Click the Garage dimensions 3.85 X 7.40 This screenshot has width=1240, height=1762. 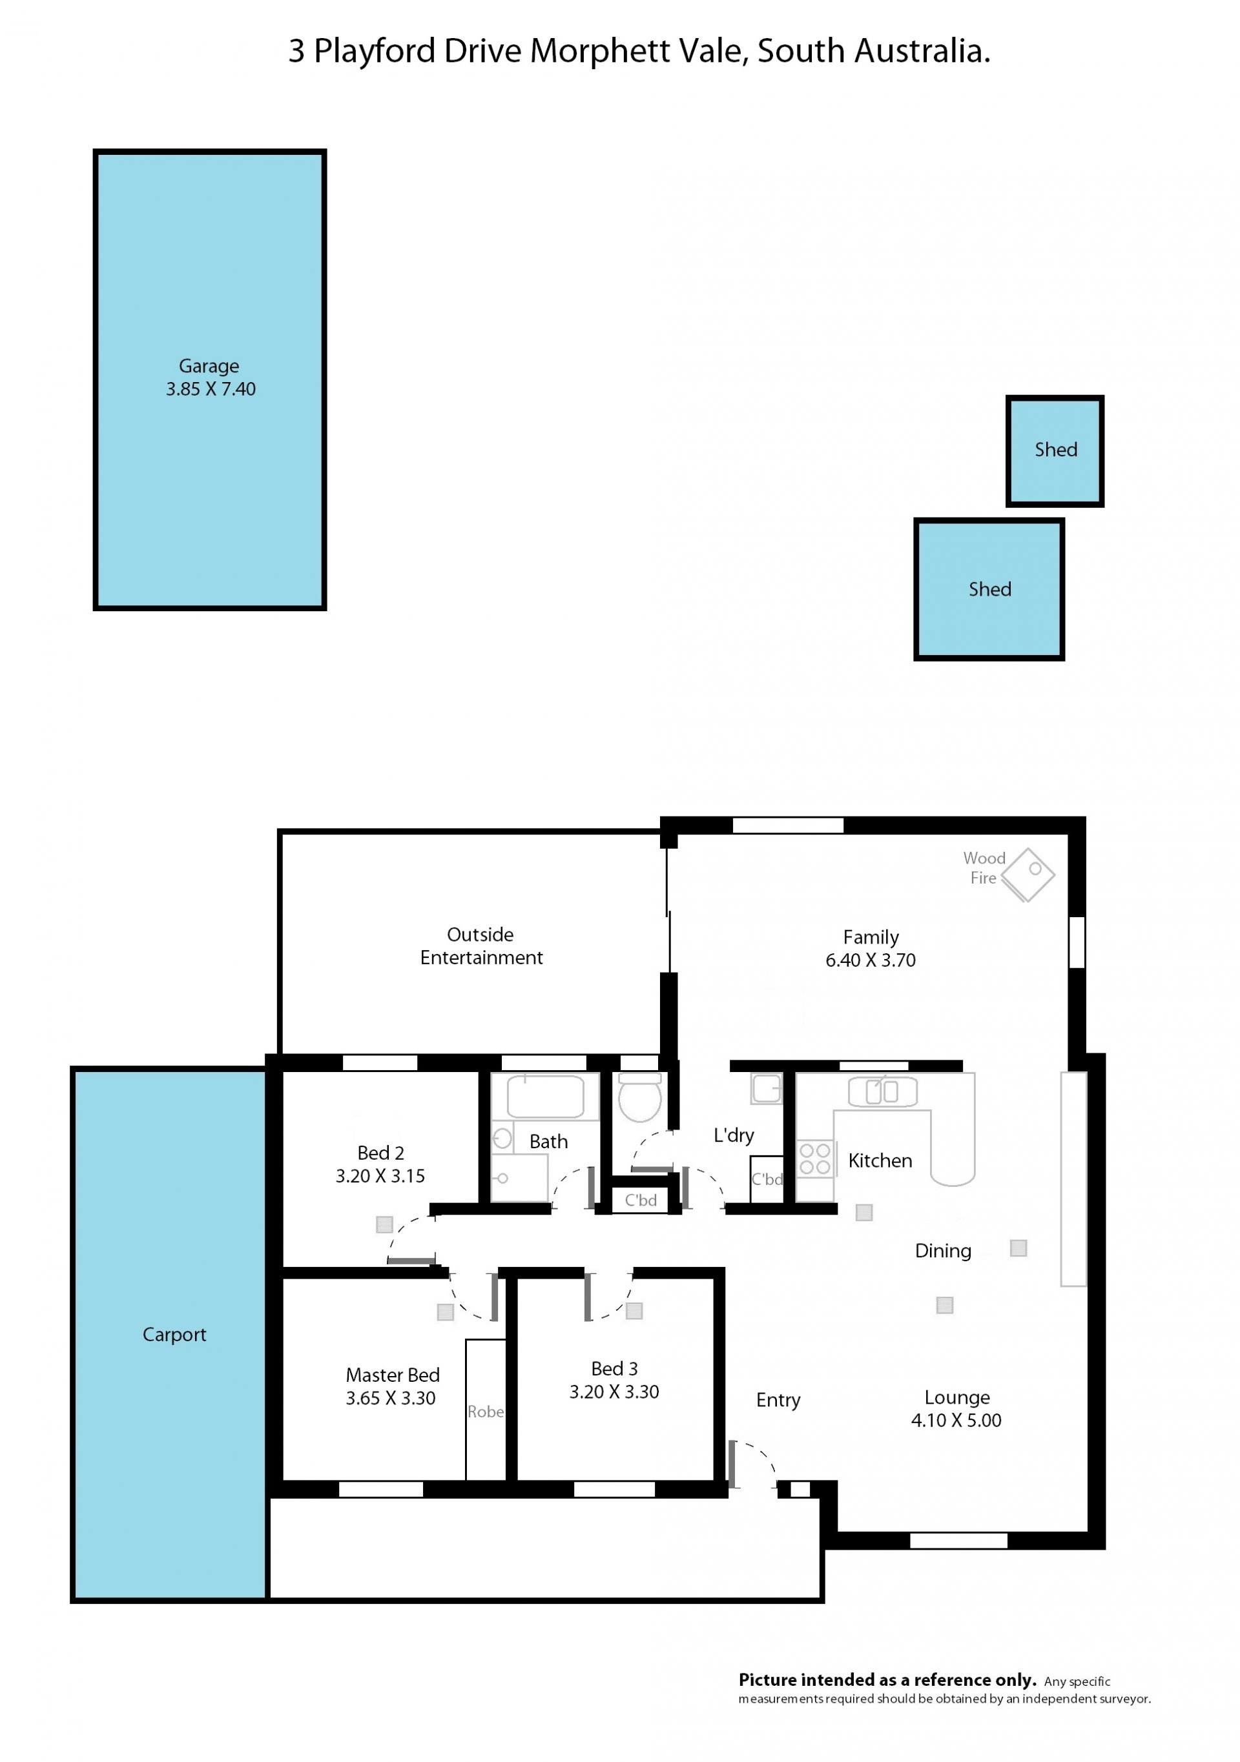click(x=211, y=389)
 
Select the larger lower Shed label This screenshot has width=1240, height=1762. click(x=989, y=589)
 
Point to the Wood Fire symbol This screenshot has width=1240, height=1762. click(x=1028, y=874)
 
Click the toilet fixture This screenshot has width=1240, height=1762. click(x=639, y=1097)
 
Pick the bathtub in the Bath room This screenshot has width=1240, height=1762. click(x=545, y=1096)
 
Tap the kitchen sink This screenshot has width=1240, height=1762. click(x=882, y=1091)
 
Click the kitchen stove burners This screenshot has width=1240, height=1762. click(x=814, y=1159)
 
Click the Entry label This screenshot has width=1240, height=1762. click(x=778, y=1401)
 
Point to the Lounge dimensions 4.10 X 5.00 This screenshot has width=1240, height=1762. click(x=956, y=1421)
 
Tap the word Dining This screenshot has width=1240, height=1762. click(x=943, y=1251)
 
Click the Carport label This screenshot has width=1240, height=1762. click(x=174, y=1335)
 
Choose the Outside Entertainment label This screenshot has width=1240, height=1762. click(x=480, y=946)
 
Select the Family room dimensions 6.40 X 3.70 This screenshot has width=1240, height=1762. click(x=870, y=960)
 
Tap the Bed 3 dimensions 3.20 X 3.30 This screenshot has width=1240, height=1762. click(x=614, y=1392)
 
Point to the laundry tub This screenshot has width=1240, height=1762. click(x=765, y=1089)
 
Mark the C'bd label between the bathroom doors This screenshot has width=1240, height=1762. click(x=641, y=1200)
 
